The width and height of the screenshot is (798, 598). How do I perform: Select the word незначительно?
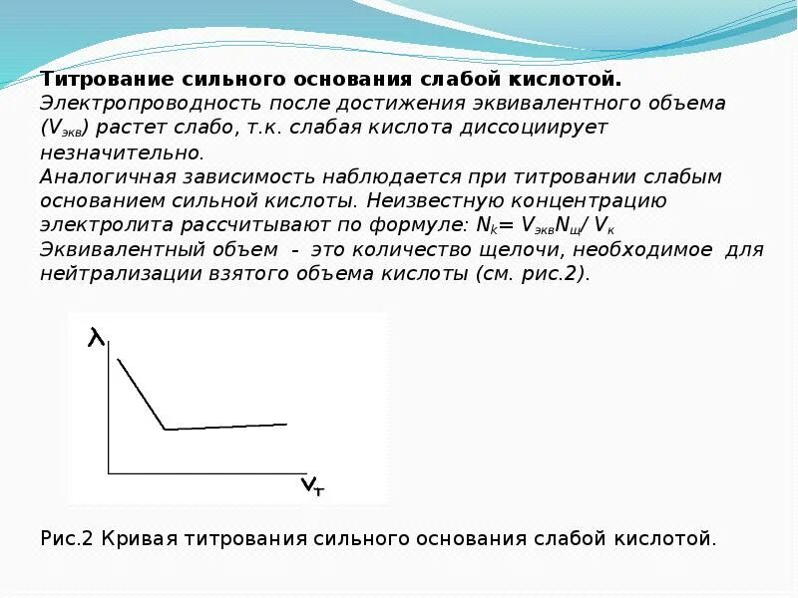[121, 153]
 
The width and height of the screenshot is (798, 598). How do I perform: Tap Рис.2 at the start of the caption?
[67, 538]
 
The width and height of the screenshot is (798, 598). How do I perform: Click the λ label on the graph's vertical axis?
[96, 339]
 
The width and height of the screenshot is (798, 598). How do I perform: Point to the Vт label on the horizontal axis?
[312, 486]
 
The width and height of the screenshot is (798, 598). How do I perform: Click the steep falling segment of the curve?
[142, 394]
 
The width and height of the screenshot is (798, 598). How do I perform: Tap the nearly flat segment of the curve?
[226, 427]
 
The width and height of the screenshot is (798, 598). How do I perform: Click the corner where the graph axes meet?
[109, 471]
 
